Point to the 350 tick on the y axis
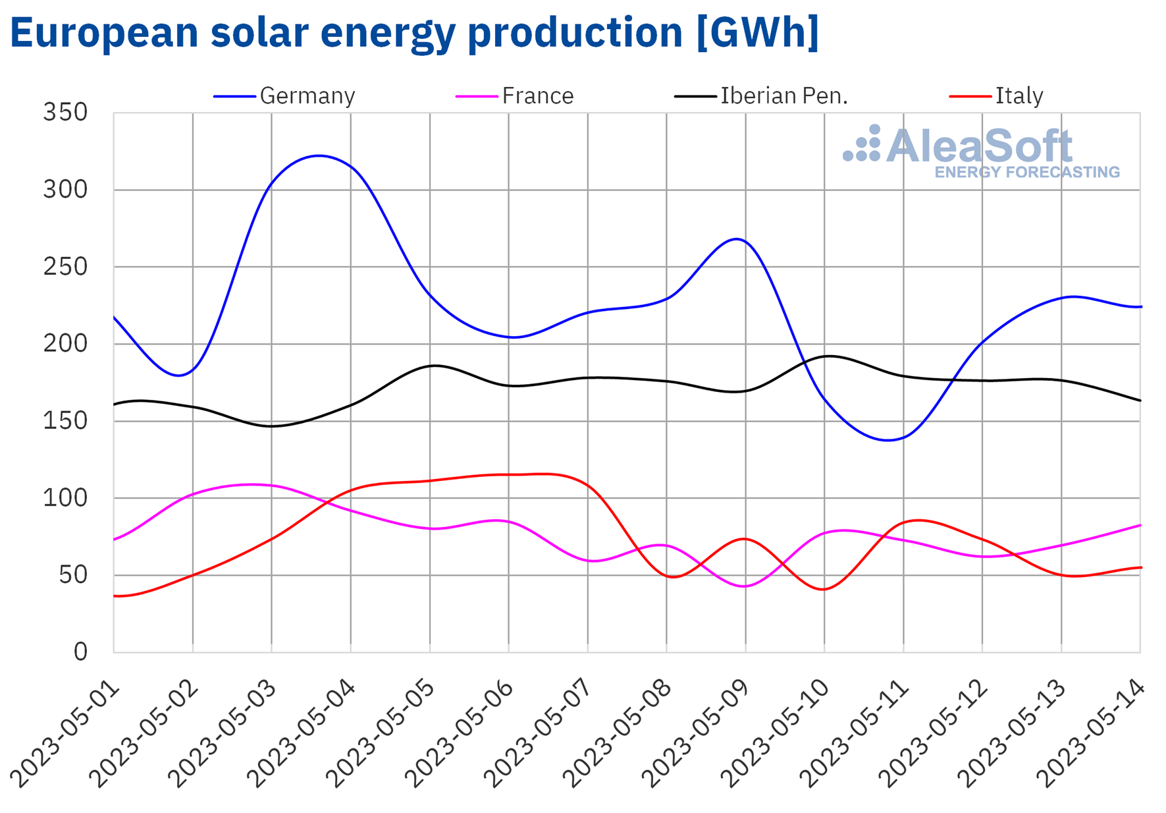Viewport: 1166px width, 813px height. point(65,113)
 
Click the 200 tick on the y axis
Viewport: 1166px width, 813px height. point(65,344)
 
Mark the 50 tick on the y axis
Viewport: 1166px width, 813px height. point(72,575)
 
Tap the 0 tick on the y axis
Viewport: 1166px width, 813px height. point(80,652)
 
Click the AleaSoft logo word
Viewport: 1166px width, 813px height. point(979,146)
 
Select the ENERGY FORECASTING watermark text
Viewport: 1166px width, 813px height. point(1027,173)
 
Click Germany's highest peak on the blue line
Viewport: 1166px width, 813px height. point(319,155)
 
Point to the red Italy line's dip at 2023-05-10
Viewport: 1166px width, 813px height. point(824,589)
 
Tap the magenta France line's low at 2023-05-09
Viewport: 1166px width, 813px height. point(745,586)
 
